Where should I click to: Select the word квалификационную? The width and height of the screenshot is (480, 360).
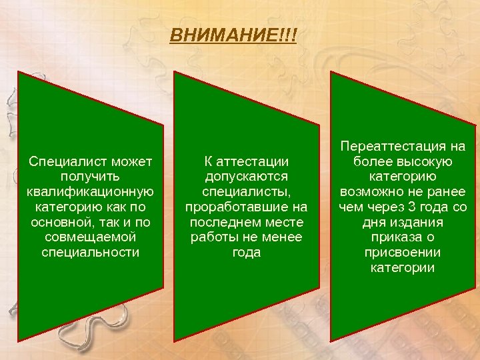point(90,191)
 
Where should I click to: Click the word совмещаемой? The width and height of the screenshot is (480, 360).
point(90,237)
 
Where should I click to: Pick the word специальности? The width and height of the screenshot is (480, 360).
point(90,253)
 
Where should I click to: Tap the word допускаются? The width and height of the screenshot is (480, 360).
point(246,176)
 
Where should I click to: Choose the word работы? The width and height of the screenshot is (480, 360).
point(213,237)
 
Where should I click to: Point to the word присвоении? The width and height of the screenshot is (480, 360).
point(403,253)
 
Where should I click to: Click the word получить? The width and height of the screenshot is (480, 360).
point(90,176)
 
